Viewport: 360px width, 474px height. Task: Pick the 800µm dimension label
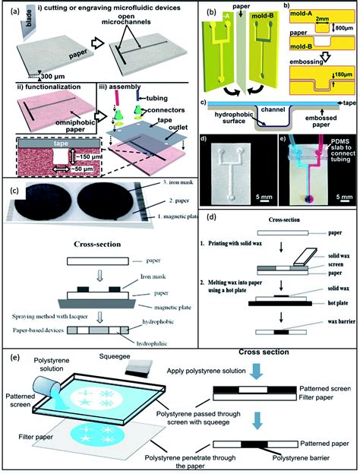tap(343, 33)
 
